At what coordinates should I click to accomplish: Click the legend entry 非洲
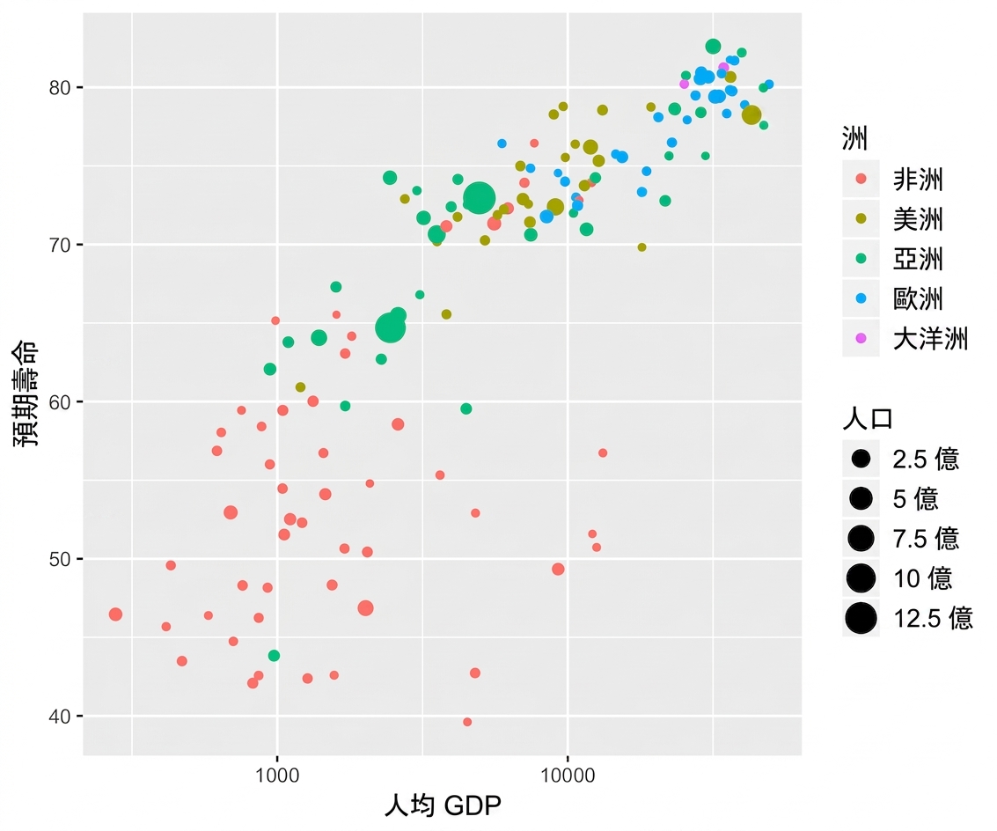pyautogui.click(x=918, y=180)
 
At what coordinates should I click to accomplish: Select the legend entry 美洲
pyautogui.click(x=918, y=219)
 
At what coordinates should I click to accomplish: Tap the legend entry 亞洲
pyautogui.click(x=918, y=259)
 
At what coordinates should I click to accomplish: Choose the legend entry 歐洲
pyautogui.click(x=918, y=298)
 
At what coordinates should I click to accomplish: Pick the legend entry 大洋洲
pyautogui.click(x=931, y=339)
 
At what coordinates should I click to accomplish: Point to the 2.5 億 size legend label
pyautogui.click(x=926, y=459)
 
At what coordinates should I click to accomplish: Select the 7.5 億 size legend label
pyautogui.click(x=926, y=539)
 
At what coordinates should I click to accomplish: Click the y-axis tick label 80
pyautogui.click(x=60, y=88)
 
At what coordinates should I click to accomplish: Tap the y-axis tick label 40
pyautogui.click(x=60, y=717)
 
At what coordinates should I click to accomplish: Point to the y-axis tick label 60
pyautogui.click(x=60, y=402)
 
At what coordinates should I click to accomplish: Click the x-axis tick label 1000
pyautogui.click(x=277, y=775)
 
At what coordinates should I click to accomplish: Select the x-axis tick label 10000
pyautogui.click(x=568, y=775)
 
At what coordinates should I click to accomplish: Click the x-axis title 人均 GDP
pyautogui.click(x=444, y=805)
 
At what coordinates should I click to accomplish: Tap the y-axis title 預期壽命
pyautogui.click(x=26, y=393)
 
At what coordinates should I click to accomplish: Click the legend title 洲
pyautogui.click(x=854, y=137)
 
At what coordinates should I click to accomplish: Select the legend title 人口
pyautogui.click(x=868, y=418)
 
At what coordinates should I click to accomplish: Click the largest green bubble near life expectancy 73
pyautogui.click(x=480, y=198)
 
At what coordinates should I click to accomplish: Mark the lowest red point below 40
pyautogui.click(x=467, y=722)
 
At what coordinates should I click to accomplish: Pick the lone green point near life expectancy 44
pyautogui.click(x=274, y=656)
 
